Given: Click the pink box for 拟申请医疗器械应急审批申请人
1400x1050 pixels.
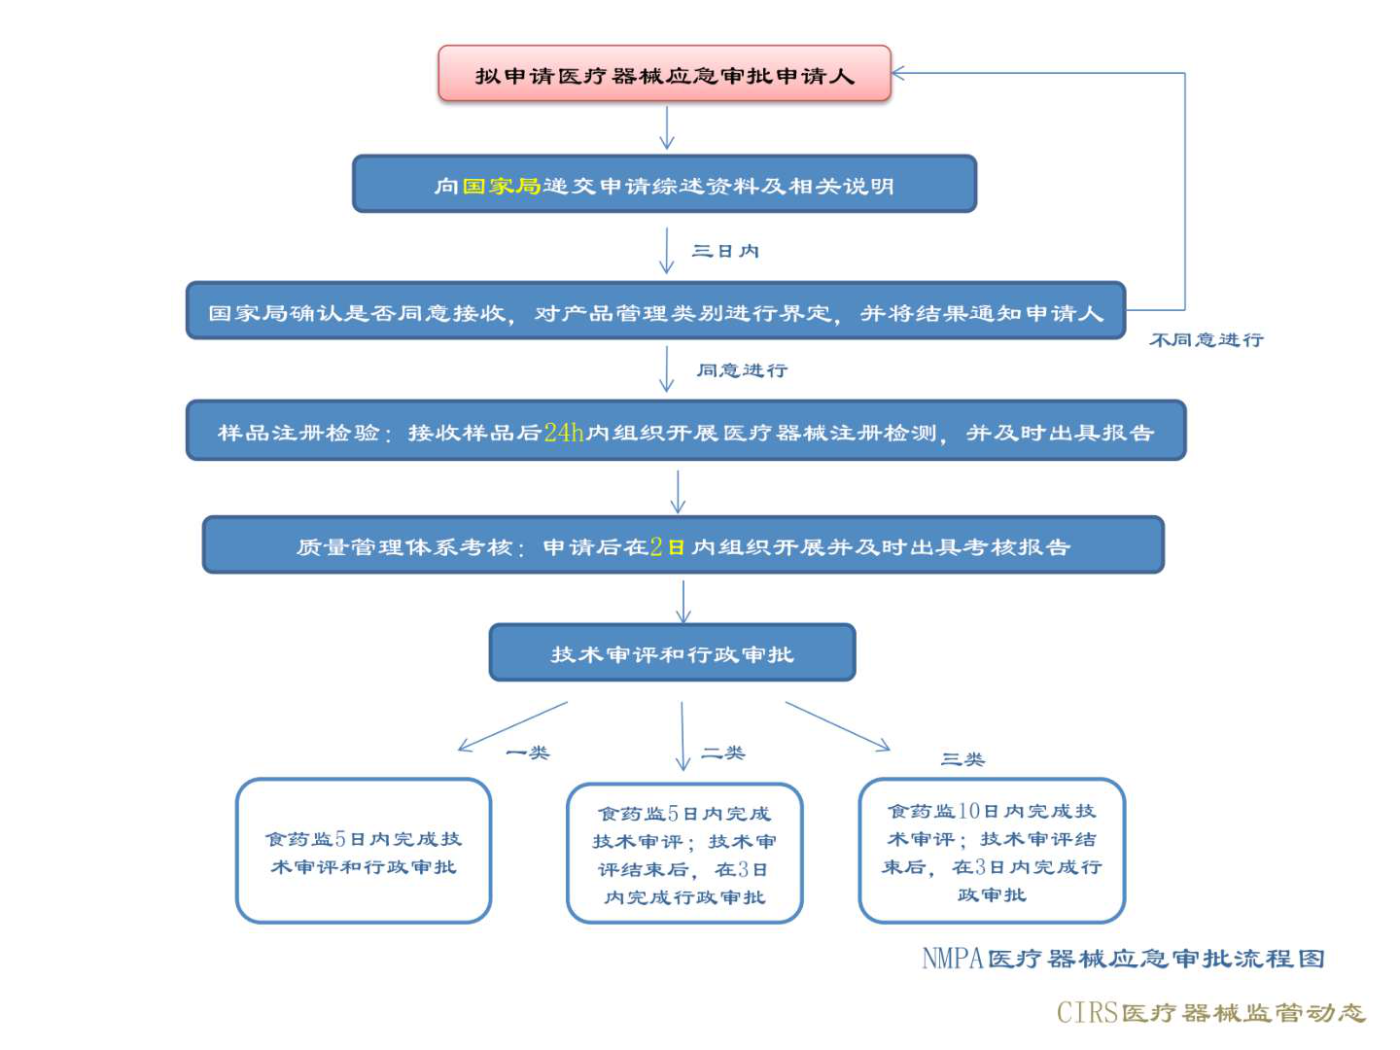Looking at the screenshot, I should click(x=664, y=74).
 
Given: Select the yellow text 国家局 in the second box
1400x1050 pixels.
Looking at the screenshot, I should click(x=501, y=186).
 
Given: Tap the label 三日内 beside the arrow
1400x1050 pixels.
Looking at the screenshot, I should click(x=725, y=252).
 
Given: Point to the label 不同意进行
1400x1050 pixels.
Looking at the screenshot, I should click(x=1206, y=340).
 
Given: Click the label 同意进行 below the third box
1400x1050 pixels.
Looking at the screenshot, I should click(x=742, y=370).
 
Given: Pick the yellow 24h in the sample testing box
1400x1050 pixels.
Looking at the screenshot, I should click(x=564, y=433).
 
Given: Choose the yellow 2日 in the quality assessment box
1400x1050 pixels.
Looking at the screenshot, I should click(x=668, y=547).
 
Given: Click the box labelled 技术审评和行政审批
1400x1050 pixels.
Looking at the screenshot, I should click(x=672, y=653).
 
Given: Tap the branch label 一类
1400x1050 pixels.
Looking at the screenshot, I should click(x=528, y=752).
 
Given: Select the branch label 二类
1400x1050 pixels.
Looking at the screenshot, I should click(x=723, y=752).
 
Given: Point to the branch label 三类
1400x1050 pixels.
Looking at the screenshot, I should click(x=962, y=759).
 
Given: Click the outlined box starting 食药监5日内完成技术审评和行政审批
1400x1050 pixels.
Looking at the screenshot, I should click(x=364, y=851).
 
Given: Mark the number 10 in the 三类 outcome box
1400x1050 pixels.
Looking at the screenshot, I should click(x=968, y=811).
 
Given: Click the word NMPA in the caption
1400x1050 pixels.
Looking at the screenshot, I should click(x=953, y=959).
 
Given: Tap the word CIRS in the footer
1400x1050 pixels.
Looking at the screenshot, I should click(x=1087, y=1013).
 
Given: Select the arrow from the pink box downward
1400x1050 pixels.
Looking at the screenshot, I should click(x=667, y=127).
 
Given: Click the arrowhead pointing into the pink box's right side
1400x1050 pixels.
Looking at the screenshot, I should click(x=898, y=73).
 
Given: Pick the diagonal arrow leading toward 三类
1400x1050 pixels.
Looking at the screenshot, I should click(x=837, y=726).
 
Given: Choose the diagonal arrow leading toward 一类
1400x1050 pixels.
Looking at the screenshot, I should click(x=512, y=726).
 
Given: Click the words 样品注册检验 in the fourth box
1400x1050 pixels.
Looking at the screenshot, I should click(x=298, y=433).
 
